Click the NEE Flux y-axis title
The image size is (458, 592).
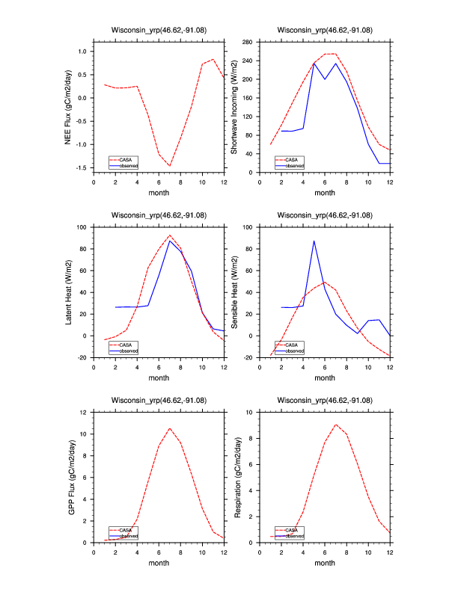coord(68,107)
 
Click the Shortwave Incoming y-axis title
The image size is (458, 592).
coord(234,107)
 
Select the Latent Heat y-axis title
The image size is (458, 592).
coord(68,292)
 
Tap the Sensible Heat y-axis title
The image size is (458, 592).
coord(234,292)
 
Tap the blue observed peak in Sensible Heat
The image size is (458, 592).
coord(314,241)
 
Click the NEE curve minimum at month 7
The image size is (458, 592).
coord(170,166)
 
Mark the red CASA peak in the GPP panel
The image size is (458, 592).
coord(170,428)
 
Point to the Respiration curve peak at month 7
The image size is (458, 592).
coord(335,425)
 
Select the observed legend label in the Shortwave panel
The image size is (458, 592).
coord(294,164)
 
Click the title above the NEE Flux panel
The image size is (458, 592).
coord(159,31)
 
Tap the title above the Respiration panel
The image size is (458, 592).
coord(325,401)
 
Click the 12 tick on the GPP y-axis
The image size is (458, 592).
coord(85,412)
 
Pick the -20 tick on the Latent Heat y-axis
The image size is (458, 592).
coord(82,358)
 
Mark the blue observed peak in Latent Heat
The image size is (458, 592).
coord(170,241)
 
